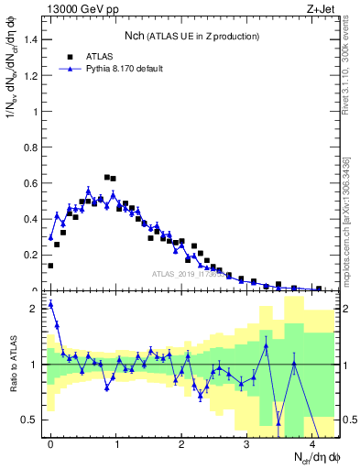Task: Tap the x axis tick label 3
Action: coord(246,443)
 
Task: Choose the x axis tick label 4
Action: coord(312,443)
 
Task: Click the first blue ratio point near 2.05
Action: coord(50,304)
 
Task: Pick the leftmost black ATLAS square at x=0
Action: coord(50,266)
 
